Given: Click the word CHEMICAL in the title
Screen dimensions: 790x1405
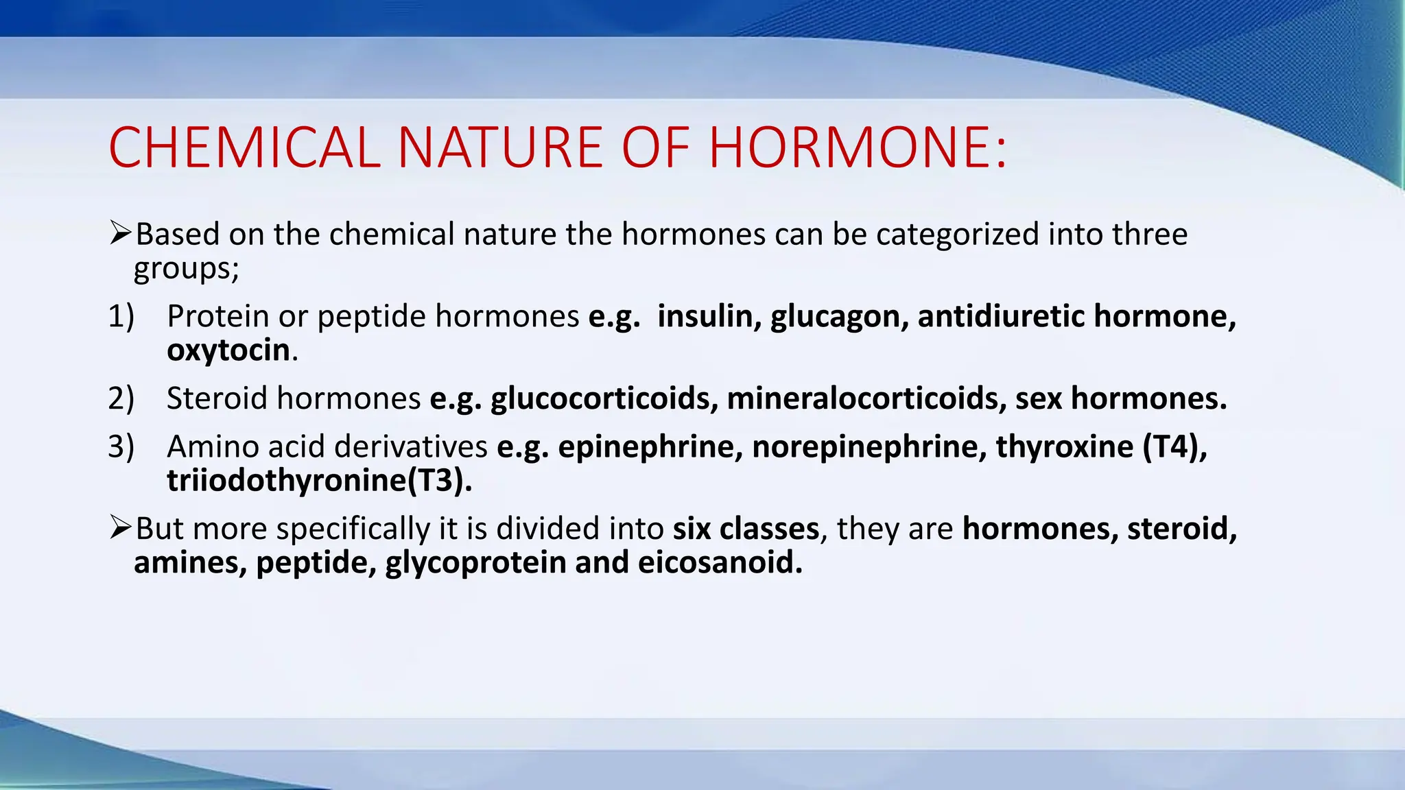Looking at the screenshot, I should pos(244,148).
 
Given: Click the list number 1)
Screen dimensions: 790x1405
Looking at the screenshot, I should pos(121,316).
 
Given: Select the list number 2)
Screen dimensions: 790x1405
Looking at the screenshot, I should pos(121,398).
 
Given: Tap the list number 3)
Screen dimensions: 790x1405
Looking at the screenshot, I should pos(121,446).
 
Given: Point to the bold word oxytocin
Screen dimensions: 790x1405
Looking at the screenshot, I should pos(228,350).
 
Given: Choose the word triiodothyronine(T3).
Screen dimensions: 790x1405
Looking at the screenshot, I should pos(319,480).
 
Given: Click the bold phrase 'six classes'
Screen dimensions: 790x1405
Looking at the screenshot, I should pos(746,529).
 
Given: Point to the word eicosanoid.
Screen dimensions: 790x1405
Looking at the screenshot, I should pos(720,562).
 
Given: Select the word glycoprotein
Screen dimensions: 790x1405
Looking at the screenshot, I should pos(475,563).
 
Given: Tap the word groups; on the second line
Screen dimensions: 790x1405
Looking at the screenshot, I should pos(186,269).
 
